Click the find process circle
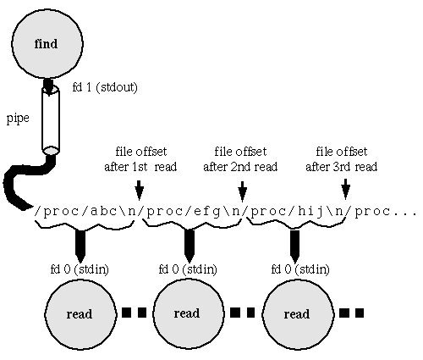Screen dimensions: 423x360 click(47, 44)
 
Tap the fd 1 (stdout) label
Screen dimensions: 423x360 click(105, 87)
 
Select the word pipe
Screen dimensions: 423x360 click(18, 119)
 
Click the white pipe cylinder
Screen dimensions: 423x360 click(51, 120)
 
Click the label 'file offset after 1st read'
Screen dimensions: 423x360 click(140, 159)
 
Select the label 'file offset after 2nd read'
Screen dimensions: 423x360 click(240, 159)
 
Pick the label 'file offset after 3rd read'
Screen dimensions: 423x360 click(342, 159)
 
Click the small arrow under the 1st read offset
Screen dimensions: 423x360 click(140, 191)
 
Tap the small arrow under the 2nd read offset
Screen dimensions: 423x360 click(243, 191)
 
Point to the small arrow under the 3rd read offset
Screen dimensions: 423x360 click(346, 189)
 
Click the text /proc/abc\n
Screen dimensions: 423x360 click(85, 211)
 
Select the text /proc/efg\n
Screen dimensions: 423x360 click(193, 211)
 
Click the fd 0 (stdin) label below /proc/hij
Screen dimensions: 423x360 click(300, 269)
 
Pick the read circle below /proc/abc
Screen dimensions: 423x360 click(80, 314)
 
